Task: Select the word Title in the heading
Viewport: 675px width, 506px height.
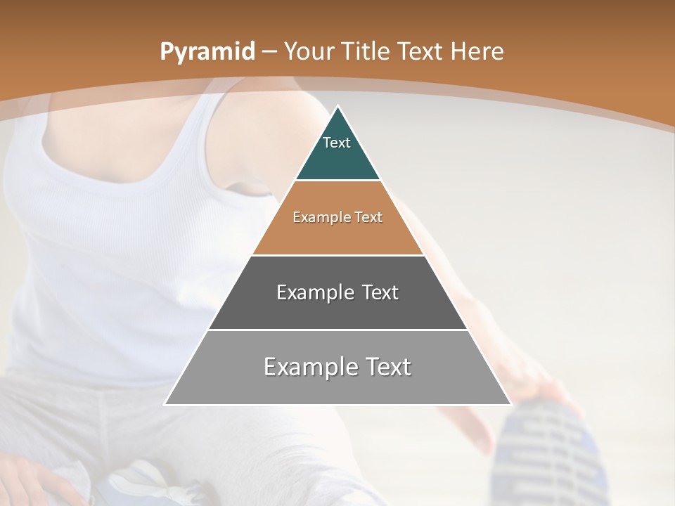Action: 366,51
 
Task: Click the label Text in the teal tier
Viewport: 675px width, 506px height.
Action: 337,143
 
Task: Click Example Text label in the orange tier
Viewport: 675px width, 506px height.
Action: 337,217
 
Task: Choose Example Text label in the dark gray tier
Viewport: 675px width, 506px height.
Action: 337,292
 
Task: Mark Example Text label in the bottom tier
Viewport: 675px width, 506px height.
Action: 337,367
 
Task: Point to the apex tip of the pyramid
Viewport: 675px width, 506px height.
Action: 338,108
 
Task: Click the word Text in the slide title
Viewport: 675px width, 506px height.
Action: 420,51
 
